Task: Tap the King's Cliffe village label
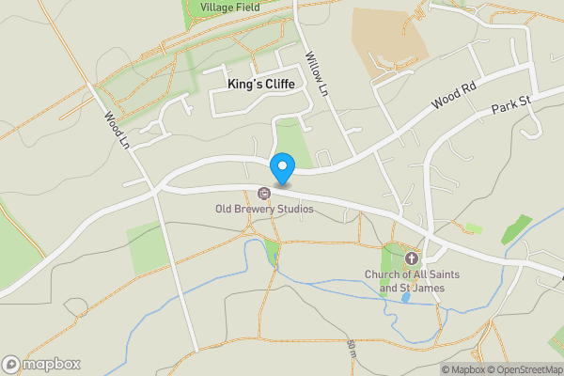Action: coord(260,85)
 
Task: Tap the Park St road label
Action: coord(511,104)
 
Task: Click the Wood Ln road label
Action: coord(117,131)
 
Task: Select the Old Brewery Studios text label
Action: coord(264,209)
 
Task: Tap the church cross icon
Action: coord(411,258)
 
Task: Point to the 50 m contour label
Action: coord(350,349)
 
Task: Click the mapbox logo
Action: coord(41,364)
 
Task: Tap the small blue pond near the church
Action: coord(405,298)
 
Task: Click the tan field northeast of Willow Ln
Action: coord(387,38)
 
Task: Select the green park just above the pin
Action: coord(293,141)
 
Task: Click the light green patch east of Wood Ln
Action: coord(143,247)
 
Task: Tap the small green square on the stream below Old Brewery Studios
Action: coord(272,252)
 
